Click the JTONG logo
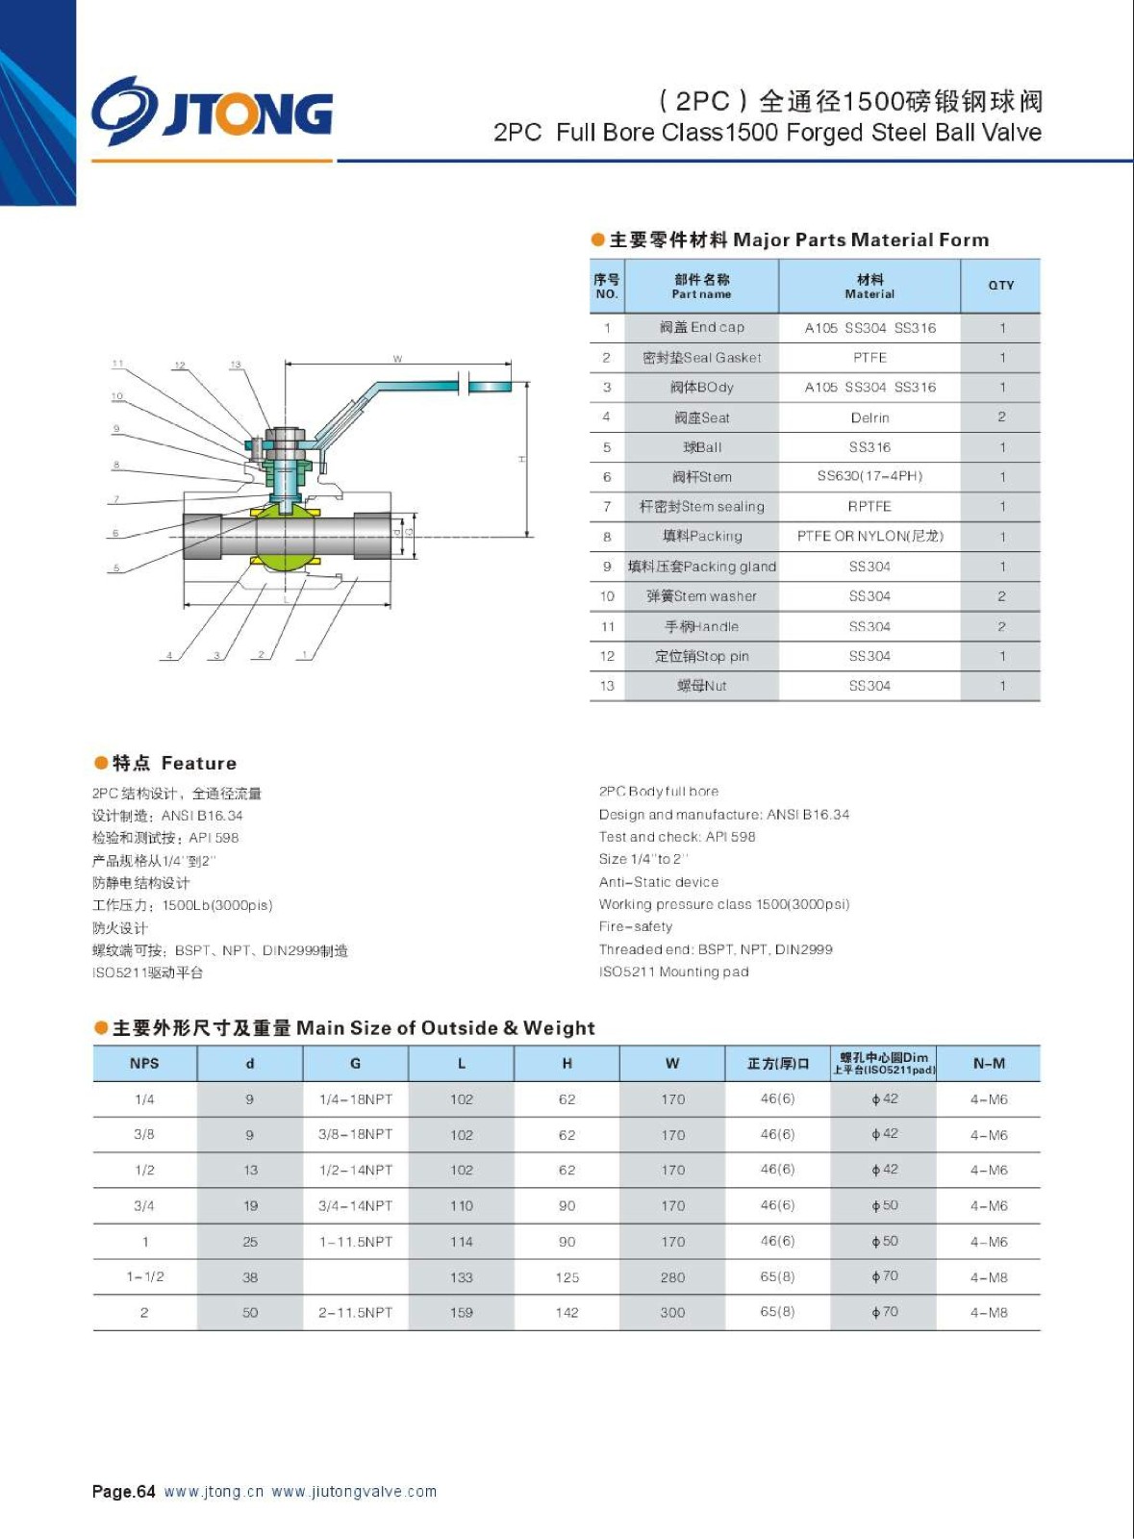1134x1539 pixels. (x=213, y=112)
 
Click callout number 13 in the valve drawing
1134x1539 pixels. (x=236, y=365)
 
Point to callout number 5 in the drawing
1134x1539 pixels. (x=116, y=568)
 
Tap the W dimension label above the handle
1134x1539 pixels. (x=397, y=359)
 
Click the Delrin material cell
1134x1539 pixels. (x=869, y=417)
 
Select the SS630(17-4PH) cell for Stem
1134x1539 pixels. (x=869, y=476)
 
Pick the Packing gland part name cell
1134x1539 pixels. (x=701, y=567)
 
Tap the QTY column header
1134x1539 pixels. (x=1000, y=286)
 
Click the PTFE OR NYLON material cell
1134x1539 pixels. (x=869, y=536)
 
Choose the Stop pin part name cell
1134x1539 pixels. (x=701, y=656)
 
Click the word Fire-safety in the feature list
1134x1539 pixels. (x=635, y=926)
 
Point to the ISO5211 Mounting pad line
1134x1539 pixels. (x=673, y=971)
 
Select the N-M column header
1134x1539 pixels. (x=989, y=1063)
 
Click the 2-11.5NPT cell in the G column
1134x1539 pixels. (x=355, y=1312)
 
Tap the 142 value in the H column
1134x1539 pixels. (x=567, y=1312)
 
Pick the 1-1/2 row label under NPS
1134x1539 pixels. (x=144, y=1276)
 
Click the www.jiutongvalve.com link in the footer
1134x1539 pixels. (x=354, y=1492)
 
